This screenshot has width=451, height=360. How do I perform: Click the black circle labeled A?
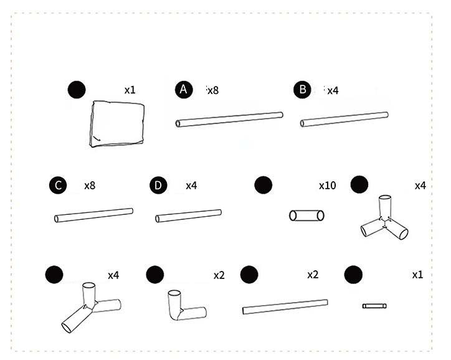point(184,90)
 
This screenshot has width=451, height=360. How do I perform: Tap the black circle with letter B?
point(302,90)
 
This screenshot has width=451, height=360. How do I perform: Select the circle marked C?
point(58,185)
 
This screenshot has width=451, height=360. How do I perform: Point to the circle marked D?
point(158,185)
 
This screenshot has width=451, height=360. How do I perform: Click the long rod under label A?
point(229,120)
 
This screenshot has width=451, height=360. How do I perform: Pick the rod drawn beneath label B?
point(344,120)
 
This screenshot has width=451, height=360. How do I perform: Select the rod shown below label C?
point(94,216)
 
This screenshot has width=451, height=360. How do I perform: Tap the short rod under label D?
point(188,216)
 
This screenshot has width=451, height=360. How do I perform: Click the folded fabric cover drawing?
point(117,124)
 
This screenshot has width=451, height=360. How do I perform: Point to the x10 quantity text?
point(327,186)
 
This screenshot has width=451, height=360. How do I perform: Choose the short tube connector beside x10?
point(306,216)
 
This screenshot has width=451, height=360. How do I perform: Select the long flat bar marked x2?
point(285,307)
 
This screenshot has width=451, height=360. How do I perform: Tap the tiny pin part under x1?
point(374,306)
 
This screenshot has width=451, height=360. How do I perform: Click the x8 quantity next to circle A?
point(213,90)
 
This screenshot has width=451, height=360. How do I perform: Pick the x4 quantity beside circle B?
point(333,91)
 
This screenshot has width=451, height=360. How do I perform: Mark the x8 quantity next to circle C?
point(90,186)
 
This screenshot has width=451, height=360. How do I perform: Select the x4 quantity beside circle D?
point(191,186)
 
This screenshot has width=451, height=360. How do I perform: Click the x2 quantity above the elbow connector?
point(219,275)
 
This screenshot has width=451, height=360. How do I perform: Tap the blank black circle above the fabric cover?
point(77,90)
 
